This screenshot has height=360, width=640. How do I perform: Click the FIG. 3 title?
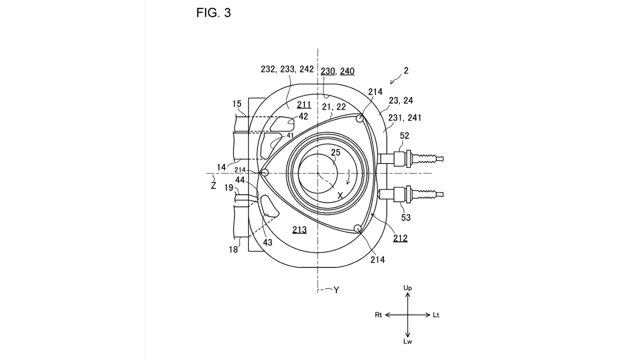click(x=213, y=13)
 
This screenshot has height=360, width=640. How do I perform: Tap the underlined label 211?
click(x=304, y=105)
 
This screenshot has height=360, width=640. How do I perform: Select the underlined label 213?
click(x=299, y=229)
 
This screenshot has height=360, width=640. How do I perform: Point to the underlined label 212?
click(x=400, y=238)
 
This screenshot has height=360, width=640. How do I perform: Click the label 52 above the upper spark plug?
click(x=404, y=135)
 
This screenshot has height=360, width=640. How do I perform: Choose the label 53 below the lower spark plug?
click(x=405, y=217)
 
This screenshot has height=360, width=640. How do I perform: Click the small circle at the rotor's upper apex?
click(x=359, y=118)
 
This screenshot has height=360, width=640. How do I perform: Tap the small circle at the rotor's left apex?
click(x=265, y=172)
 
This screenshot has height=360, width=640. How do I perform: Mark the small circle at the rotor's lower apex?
click(x=357, y=228)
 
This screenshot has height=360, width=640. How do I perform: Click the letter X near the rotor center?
click(x=340, y=195)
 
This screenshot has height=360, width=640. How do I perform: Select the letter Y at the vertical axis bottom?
click(x=336, y=290)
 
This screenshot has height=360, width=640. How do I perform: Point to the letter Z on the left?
click(x=213, y=185)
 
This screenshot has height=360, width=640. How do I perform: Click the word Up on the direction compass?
click(x=407, y=288)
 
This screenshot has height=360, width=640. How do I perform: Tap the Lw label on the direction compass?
click(x=407, y=341)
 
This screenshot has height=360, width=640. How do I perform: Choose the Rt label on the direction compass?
click(x=378, y=315)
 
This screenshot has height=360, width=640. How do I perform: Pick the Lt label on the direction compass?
click(x=436, y=315)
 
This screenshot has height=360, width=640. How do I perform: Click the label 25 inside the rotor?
click(x=335, y=152)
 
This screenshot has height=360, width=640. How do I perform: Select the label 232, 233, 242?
click(x=287, y=69)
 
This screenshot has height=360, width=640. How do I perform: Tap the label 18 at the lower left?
click(x=233, y=249)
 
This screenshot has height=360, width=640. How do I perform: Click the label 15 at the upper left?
click(x=237, y=103)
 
